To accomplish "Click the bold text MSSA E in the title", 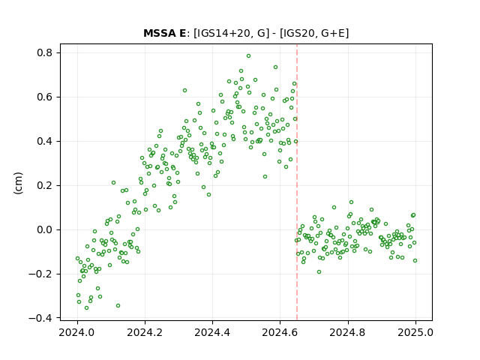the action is pos(164,33).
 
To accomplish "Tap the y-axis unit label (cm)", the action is pos(18,182).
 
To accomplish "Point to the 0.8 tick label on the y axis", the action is pos(45,53).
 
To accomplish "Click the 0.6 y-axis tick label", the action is pos(45,97).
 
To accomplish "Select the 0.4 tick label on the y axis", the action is pos(45,142).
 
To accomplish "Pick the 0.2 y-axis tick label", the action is pos(45,185).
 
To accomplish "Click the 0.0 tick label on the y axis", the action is pos(45,230).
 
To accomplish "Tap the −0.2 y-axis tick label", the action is pos(40,274).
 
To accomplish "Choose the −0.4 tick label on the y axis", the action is pos(40,318).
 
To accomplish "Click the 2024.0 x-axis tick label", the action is pos(77,332).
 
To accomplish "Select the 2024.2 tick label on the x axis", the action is pos(145,332).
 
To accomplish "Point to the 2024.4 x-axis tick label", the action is pos(212,332).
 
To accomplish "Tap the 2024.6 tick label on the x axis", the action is pos(280,332).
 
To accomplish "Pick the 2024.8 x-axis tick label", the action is pos(347,332).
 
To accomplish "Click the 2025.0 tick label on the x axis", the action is pos(415,332).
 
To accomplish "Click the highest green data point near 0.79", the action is pos(248,56).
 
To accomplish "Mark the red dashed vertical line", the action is pos(297,182).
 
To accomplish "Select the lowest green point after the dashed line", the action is pos(319,271).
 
